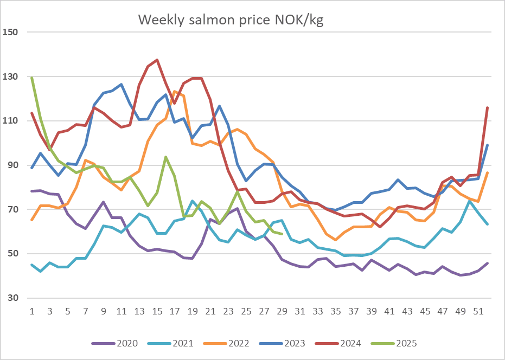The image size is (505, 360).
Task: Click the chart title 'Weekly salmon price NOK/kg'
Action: point(231,20)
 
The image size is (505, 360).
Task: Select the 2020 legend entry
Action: point(114,343)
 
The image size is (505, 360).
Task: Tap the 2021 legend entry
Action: point(171,343)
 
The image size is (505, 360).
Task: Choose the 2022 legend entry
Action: point(226,343)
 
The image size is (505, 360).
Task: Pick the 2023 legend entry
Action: point(282,343)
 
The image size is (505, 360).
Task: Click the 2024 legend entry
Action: point(338,343)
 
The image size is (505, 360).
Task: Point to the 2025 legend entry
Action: point(394,343)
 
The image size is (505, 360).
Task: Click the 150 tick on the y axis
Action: point(10,32)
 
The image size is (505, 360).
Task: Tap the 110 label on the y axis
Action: point(10,121)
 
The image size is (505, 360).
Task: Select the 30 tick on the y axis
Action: point(13,298)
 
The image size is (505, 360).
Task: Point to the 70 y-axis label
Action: point(13,209)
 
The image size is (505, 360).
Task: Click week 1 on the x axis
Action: point(32,311)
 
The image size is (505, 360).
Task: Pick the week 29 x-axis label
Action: point(282,311)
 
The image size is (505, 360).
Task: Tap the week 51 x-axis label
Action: point(478,311)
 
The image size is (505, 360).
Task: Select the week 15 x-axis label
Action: point(157,311)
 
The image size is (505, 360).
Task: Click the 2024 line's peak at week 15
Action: point(157,60)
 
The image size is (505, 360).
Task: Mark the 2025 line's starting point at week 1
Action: point(32,78)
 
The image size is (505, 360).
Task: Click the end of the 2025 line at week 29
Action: point(282,234)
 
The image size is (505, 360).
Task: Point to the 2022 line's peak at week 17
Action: point(175,92)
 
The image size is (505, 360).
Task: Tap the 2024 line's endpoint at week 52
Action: point(488,107)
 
